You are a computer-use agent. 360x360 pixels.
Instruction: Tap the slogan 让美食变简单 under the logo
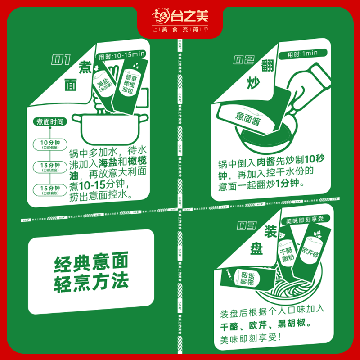(180, 30)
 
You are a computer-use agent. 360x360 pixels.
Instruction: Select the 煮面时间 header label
(50, 121)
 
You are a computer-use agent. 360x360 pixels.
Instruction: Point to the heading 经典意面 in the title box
(91, 261)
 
